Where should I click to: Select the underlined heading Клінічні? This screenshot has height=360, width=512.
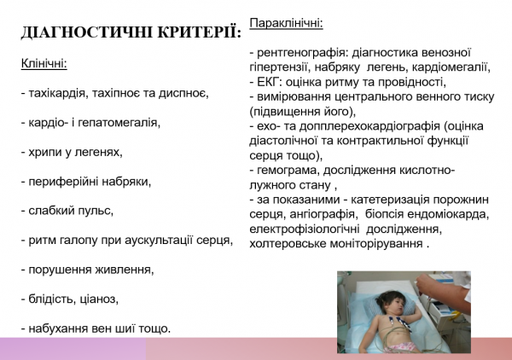click(x=44, y=64)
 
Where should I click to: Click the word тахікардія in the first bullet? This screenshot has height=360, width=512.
click(x=57, y=93)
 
